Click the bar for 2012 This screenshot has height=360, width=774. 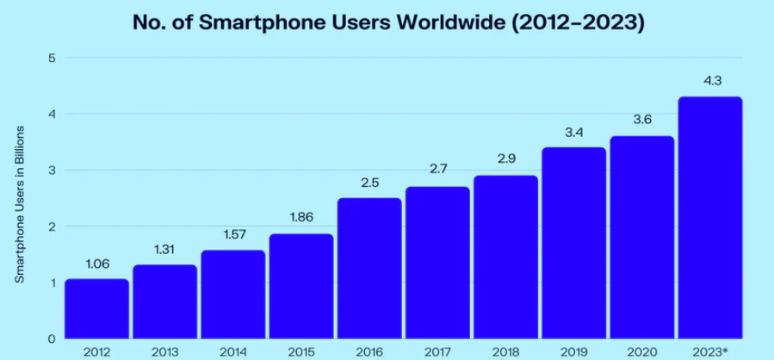pos(96,308)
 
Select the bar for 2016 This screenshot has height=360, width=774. pos(369,268)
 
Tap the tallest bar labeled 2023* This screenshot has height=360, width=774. pos(709,217)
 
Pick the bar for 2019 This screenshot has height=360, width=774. pos(573,243)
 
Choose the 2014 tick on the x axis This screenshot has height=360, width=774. pos(232,351)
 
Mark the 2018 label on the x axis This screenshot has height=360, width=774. pos(505,351)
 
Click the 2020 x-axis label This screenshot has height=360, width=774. pos(642,351)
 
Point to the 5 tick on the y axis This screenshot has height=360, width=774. pos(52,58)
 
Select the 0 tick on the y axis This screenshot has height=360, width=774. pos(52,338)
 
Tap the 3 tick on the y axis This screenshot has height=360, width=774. pos(52,171)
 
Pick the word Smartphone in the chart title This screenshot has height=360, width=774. pos(244,22)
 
